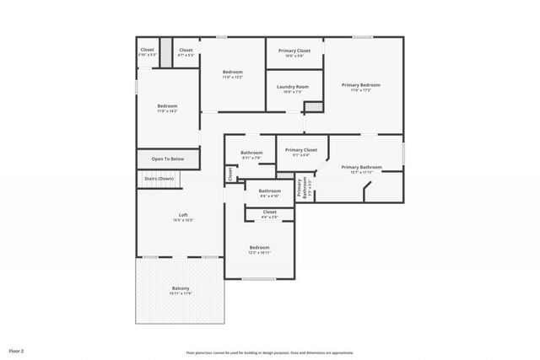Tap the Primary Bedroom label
click(360, 85)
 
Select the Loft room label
click(183, 215)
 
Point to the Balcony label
click(181, 289)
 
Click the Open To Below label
click(168, 159)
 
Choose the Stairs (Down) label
click(159, 179)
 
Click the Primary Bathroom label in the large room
click(361, 167)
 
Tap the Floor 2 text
click(16, 350)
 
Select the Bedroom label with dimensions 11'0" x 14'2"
click(167, 106)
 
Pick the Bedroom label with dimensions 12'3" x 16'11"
click(258, 248)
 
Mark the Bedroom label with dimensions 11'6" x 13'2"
click(233, 73)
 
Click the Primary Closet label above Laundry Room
click(294, 51)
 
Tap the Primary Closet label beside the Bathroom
click(300, 150)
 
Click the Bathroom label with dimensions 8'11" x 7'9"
click(251, 153)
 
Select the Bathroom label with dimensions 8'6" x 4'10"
click(269, 191)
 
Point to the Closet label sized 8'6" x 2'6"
click(269, 212)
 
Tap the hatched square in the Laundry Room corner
click(313, 106)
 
